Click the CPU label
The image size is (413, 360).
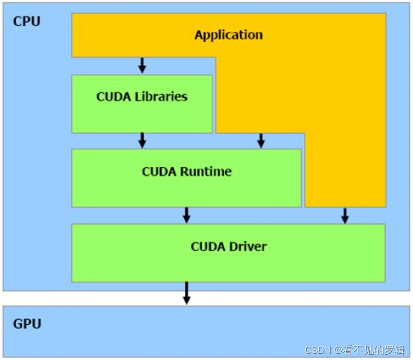pos(27,22)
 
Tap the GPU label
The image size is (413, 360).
pos(27,324)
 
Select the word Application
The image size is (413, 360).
pos(228,35)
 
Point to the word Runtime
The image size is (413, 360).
pos(206,172)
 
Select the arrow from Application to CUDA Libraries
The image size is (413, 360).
pos(142,66)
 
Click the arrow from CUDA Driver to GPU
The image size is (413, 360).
pos(187,293)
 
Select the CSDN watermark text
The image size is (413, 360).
pos(318,349)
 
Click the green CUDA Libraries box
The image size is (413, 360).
pos(141,117)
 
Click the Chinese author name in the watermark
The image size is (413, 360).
pos(375,349)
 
